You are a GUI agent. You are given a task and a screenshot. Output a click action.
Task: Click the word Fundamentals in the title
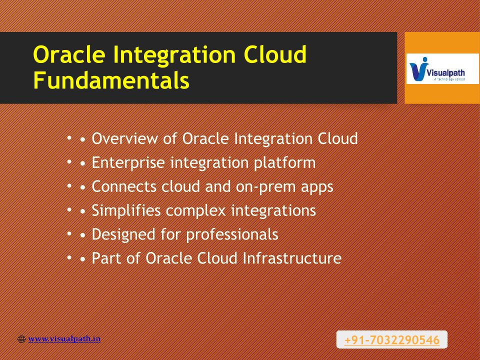[111, 80]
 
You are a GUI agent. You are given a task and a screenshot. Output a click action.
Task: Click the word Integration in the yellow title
[174, 55]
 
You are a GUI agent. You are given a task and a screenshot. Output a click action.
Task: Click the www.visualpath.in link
[64, 339]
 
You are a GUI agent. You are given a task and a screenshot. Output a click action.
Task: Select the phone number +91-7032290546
[392, 340]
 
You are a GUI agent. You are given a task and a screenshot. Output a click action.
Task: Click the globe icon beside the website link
[21, 339]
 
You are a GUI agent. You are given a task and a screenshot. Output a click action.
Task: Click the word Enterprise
[128, 162]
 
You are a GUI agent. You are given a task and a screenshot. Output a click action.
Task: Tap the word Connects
[124, 186]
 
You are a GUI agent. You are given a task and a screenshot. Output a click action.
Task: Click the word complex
[195, 210]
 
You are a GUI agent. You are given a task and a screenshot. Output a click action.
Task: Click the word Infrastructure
[292, 258]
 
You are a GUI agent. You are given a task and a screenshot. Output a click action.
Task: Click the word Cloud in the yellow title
[275, 54]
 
